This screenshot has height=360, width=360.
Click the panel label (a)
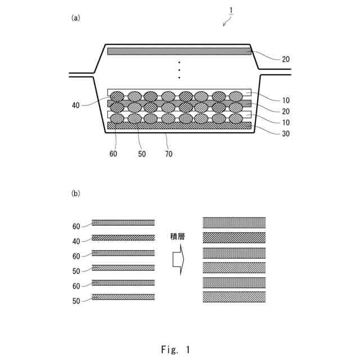tap(75, 17)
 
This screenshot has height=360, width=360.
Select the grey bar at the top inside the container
tap(179, 51)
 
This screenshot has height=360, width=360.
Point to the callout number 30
tap(286, 133)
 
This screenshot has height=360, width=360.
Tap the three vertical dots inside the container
tap(179, 69)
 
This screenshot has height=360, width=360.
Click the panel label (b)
tap(75, 193)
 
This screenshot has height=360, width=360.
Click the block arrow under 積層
tap(177, 260)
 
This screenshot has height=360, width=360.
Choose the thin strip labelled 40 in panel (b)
tap(123, 237)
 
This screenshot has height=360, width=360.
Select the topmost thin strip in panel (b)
tap(123, 223)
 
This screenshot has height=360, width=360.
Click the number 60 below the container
tap(114, 153)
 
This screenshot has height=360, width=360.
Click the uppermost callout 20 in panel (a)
tap(286, 59)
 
